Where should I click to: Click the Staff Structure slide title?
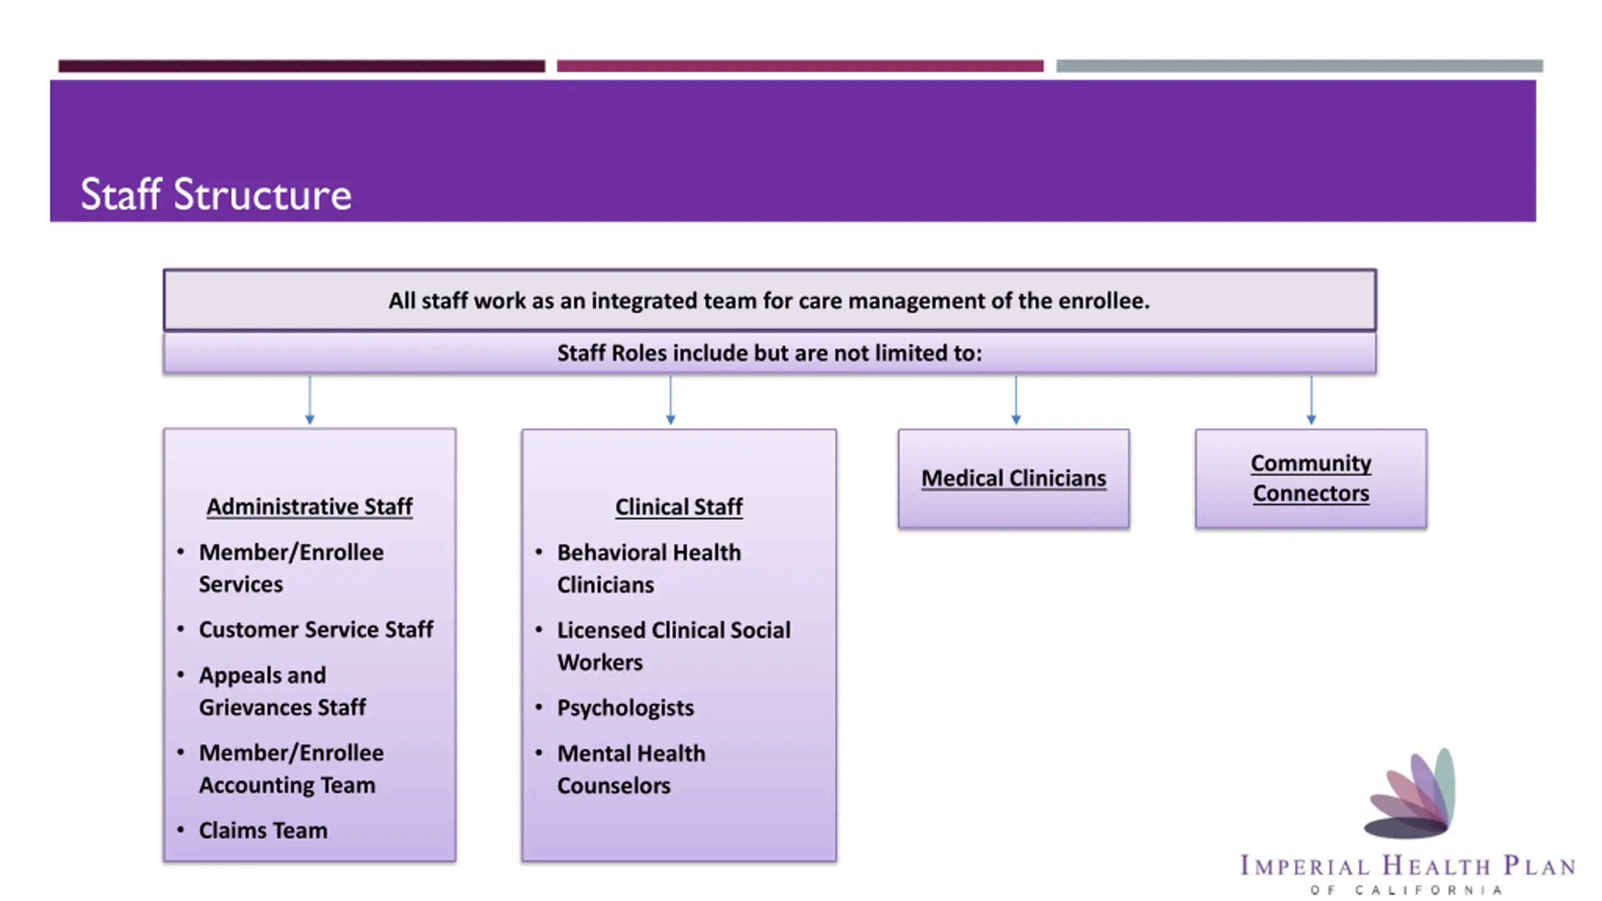[x=216, y=194]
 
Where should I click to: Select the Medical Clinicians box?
[x=1013, y=479]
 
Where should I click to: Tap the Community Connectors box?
[x=1310, y=478]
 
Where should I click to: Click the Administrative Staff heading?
[x=309, y=506]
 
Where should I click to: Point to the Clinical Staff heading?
[x=678, y=507]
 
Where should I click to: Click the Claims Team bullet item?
[x=263, y=830]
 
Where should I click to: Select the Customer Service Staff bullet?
[x=315, y=629]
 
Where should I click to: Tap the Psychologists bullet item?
[x=625, y=708]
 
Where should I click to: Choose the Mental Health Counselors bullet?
[x=631, y=769]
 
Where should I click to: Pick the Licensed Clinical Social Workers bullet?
[x=673, y=646]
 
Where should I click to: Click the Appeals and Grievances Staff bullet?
[x=282, y=691]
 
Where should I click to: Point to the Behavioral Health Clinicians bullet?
[x=648, y=568]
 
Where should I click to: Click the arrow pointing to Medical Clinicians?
[x=1016, y=400]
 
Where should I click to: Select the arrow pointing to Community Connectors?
[x=1311, y=400]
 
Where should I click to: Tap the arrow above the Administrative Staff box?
[x=310, y=400]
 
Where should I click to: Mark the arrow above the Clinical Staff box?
[x=670, y=400]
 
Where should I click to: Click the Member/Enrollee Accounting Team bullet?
[x=290, y=768]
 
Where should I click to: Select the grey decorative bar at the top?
[x=1299, y=66]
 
